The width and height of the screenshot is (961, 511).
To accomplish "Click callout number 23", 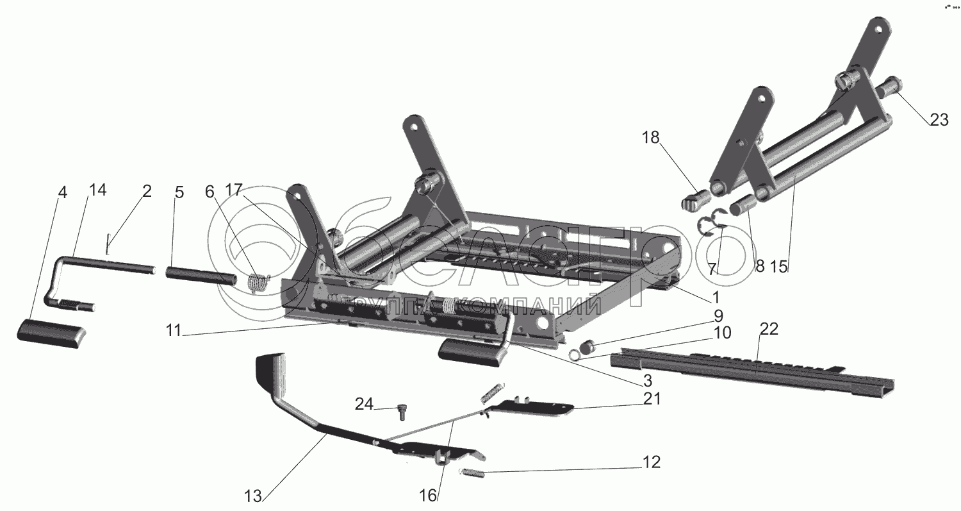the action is [x=939, y=119].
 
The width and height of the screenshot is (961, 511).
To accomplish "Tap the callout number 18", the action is [x=650, y=138].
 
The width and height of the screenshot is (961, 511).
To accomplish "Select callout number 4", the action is [x=63, y=193].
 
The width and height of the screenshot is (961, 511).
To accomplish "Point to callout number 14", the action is [x=98, y=190].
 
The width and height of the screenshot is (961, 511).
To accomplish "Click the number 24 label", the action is [x=364, y=404].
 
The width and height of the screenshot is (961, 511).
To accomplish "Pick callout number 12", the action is [x=652, y=462].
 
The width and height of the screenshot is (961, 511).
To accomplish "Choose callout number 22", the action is [x=769, y=329].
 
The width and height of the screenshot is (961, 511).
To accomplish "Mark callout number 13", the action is [x=253, y=496].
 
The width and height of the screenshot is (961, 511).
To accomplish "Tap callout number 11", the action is [x=174, y=331].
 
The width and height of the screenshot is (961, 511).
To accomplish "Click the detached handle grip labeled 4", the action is [x=51, y=333].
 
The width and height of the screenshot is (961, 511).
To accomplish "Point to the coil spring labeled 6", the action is [x=259, y=283].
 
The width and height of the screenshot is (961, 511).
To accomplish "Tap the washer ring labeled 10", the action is [x=575, y=355].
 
